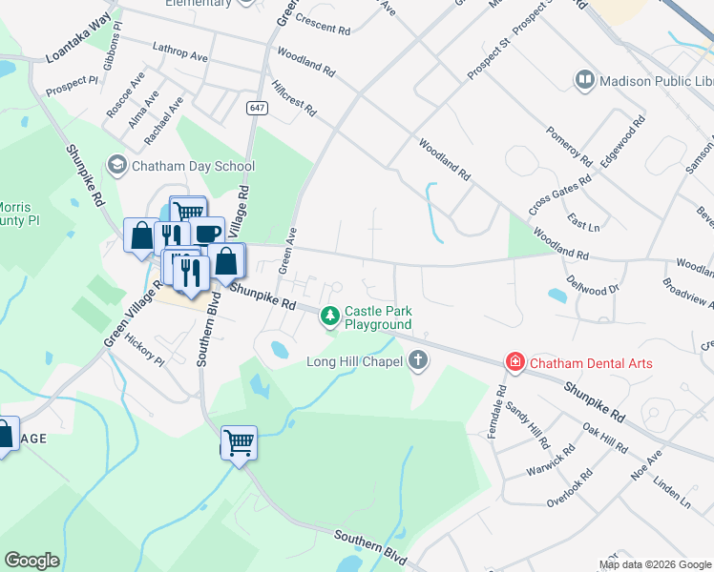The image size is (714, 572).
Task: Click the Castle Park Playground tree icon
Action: [330, 314]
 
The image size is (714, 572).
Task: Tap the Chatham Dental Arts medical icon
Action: [515, 361]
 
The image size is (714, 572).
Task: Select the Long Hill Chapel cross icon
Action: [417, 360]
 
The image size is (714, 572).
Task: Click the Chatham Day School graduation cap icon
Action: [117, 166]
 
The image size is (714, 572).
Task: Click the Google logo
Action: [31, 561]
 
